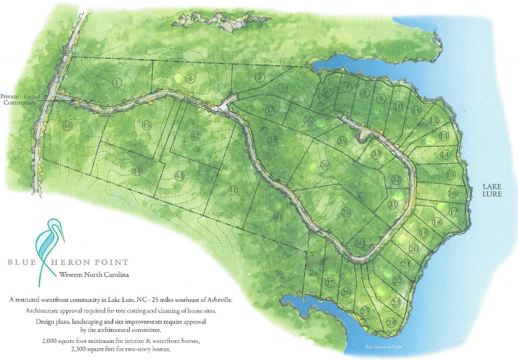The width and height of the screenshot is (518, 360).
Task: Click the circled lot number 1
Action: tap(117, 82)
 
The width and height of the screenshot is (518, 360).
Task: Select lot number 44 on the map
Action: tap(136, 171)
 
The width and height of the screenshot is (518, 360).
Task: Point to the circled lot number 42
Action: tap(195, 136)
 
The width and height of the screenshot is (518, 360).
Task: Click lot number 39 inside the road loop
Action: tap(325, 165)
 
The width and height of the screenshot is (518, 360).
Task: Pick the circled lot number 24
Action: tap(391, 322)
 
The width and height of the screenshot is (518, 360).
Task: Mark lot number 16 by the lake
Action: tap(453, 193)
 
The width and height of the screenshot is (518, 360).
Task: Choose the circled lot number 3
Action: tap(260, 77)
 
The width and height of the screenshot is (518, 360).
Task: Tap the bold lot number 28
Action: tap(313, 274)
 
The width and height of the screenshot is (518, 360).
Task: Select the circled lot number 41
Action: tap(232, 190)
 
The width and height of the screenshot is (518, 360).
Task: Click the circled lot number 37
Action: tap(270, 110)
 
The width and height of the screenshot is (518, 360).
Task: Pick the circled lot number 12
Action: tap(434, 120)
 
